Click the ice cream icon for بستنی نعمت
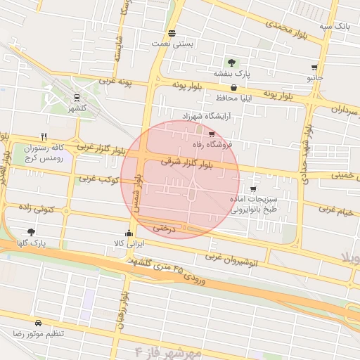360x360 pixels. tap(172, 33)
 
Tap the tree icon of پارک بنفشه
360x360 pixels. tap(231, 63)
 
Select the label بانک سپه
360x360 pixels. tap(335, 26)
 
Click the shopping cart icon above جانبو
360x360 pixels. tap(314, 68)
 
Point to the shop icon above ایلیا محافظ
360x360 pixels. tap(233, 88)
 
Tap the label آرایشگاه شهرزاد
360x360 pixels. tap(206, 115)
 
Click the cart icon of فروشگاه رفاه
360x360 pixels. tap(212, 134)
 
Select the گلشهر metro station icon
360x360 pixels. tap(76, 98)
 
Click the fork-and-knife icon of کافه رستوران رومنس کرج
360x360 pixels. tap(44, 136)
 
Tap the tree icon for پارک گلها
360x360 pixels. tap(31, 231)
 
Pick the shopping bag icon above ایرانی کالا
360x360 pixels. tap(128, 233)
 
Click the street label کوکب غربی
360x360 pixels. tap(96, 179)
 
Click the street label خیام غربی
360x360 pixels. tap(336, 209)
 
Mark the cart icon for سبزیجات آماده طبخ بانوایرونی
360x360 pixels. tap(252, 189)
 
